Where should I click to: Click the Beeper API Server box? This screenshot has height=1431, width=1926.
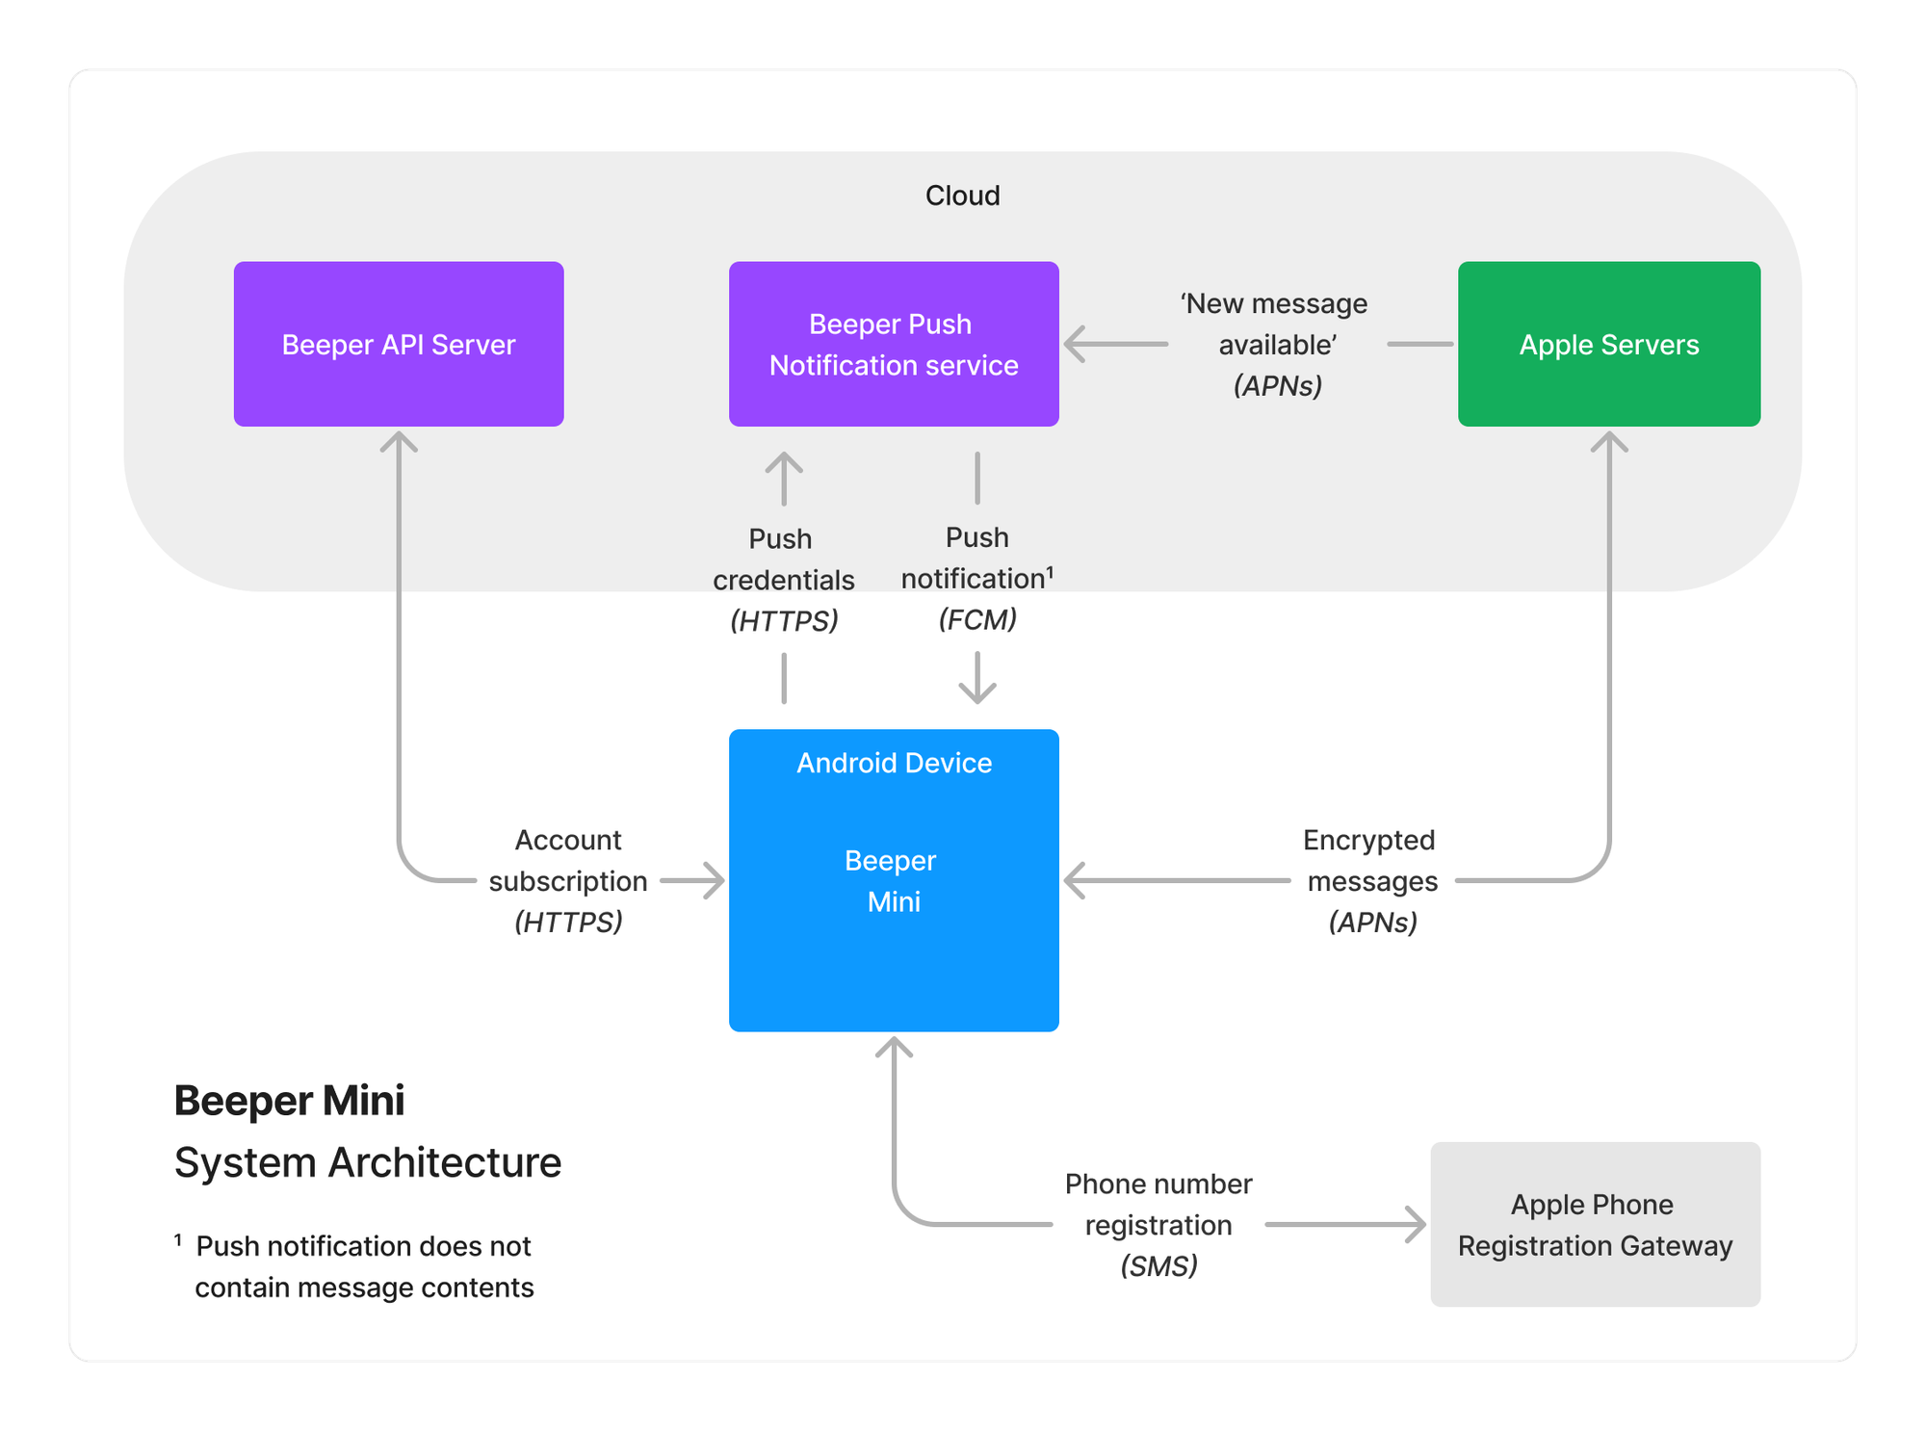(399, 344)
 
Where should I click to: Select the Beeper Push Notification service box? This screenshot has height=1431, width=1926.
(894, 344)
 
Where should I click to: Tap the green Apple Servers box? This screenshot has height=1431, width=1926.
(1608, 344)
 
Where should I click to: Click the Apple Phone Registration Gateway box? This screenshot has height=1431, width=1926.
(1595, 1224)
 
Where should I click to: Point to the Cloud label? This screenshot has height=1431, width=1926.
(962, 195)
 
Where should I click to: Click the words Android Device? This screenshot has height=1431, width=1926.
(894, 763)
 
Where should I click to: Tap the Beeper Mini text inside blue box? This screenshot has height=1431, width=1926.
(893, 880)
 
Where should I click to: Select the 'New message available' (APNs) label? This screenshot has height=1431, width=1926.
(1276, 344)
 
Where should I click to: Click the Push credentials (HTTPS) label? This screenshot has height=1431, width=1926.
(783, 579)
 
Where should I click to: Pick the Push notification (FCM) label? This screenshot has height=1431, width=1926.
(976, 578)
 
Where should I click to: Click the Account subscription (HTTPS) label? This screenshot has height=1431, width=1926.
(568, 880)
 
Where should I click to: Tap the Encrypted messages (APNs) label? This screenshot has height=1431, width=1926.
(1371, 880)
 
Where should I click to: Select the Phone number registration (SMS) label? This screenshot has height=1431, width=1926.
(1158, 1224)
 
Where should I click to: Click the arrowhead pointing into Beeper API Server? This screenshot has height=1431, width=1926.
(399, 442)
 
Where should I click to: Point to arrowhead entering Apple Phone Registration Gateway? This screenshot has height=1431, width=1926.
(1416, 1224)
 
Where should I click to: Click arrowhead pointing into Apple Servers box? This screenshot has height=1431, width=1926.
(1609, 442)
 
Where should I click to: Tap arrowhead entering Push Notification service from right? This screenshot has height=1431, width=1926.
(1076, 344)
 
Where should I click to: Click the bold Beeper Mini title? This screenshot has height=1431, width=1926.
(289, 1100)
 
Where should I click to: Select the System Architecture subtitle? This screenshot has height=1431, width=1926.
(367, 1162)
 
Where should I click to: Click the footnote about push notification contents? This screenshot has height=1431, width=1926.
(363, 1266)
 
